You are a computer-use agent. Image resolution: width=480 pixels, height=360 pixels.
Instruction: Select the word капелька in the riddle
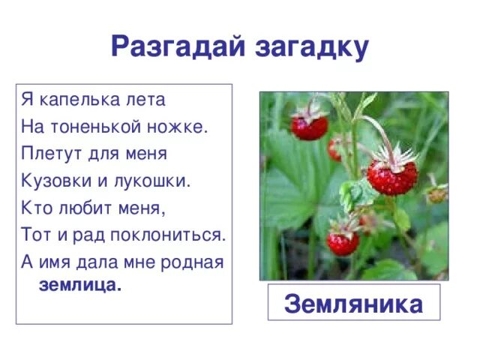(75, 99)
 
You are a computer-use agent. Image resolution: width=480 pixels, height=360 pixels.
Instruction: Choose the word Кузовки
(55, 180)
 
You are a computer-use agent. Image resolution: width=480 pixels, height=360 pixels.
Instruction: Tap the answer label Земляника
(354, 304)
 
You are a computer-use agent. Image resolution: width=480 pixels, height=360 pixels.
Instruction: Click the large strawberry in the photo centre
(391, 177)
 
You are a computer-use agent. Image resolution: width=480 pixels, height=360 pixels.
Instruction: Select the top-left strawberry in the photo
(309, 127)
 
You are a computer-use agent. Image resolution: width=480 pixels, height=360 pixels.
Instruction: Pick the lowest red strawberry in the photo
(343, 242)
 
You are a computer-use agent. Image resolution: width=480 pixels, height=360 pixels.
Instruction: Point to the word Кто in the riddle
(35, 207)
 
